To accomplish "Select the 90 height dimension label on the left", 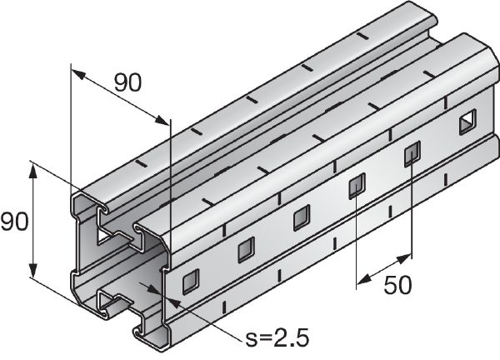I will pyautogui.click(x=16, y=222).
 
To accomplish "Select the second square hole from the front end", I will pyautogui.click(x=246, y=249).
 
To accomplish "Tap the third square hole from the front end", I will pyautogui.click(x=301, y=217).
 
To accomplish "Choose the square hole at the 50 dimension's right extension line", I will pyautogui.click(x=412, y=155).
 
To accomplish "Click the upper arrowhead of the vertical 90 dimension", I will pyautogui.click(x=33, y=169).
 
